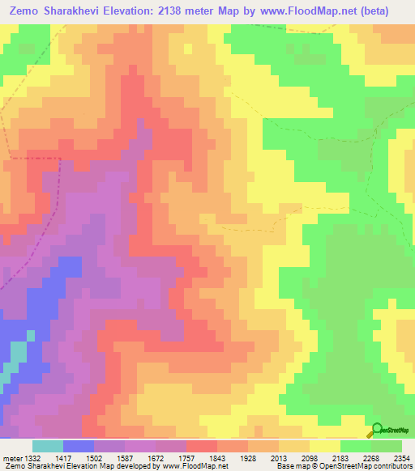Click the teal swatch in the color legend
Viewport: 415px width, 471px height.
[x=48, y=446]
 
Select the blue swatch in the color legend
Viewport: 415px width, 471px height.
[x=79, y=446]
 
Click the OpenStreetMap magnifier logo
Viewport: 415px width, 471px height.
[x=376, y=430]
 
